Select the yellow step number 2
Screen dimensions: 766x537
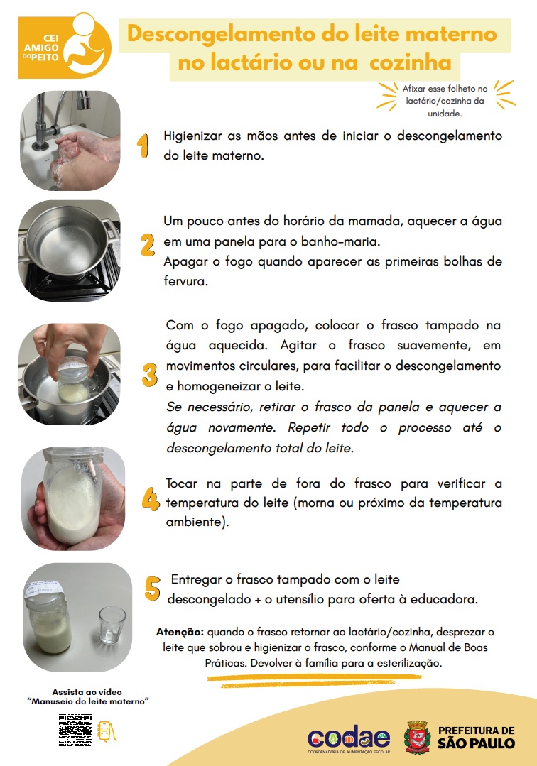[x=147, y=244]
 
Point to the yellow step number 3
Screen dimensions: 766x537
[x=149, y=374]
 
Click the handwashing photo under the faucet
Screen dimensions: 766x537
[x=70, y=140]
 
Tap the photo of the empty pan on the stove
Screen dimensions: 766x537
[x=70, y=250]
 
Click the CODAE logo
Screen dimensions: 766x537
[x=348, y=737]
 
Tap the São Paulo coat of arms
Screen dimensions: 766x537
[x=417, y=736]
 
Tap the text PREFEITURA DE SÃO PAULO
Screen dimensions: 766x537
[x=476, y=737]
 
